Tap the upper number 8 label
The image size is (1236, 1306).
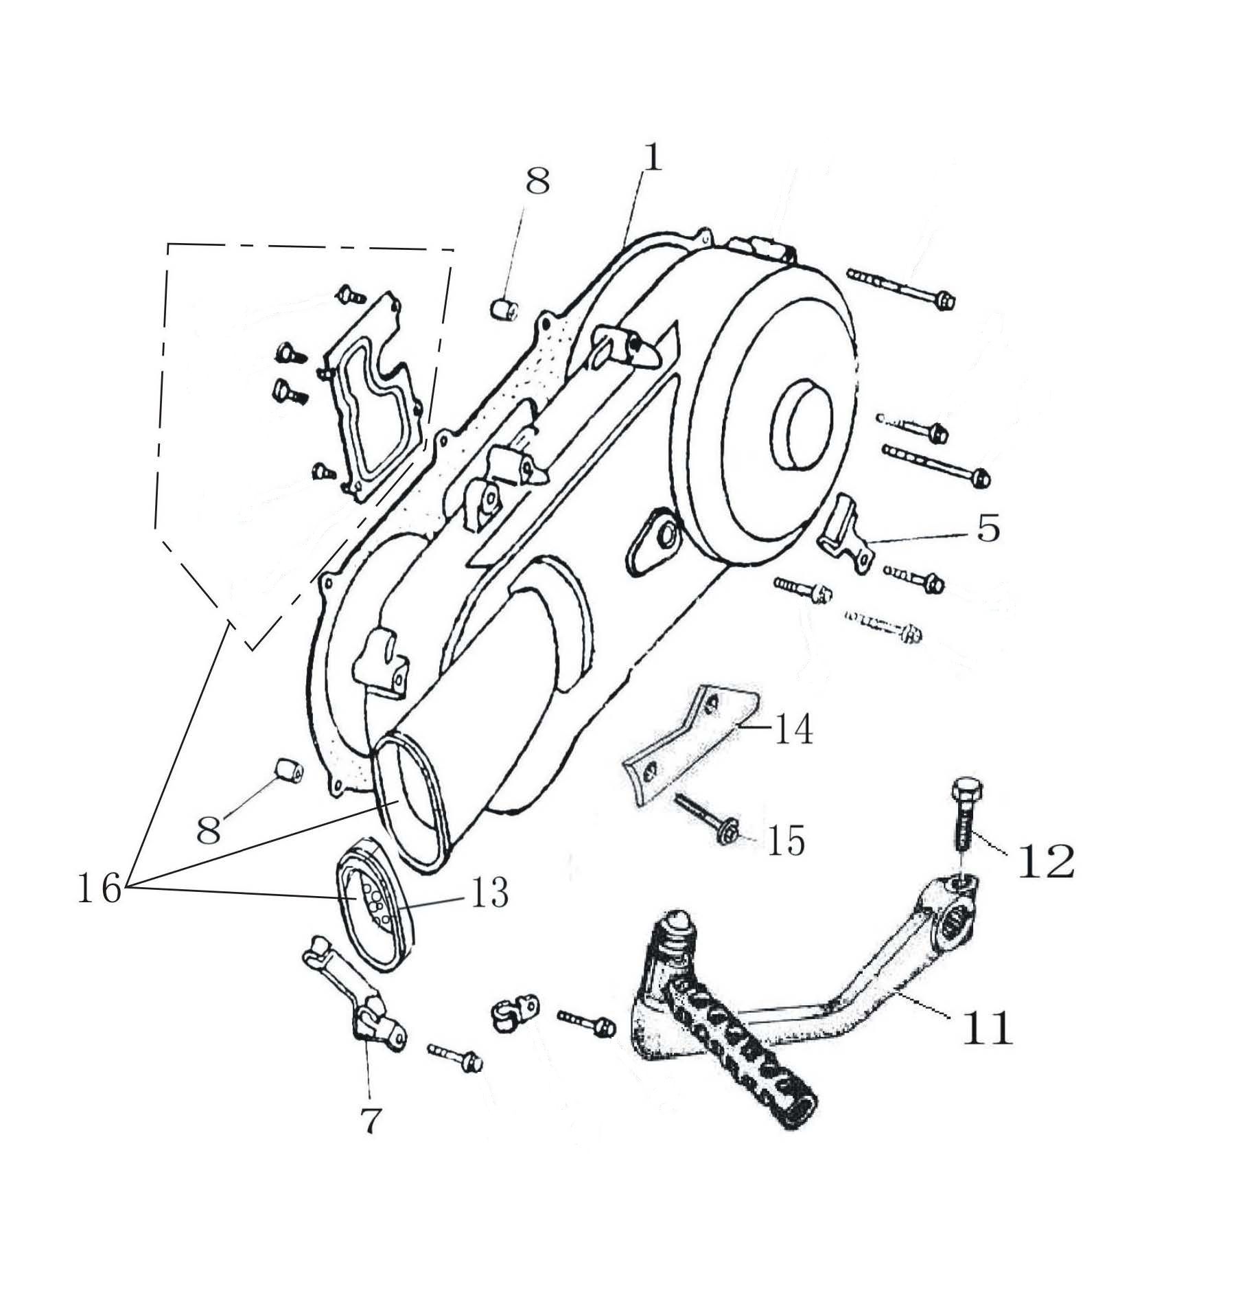pos(537,182)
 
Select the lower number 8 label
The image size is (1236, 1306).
pos(209,829)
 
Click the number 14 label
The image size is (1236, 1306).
pos(793,729)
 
